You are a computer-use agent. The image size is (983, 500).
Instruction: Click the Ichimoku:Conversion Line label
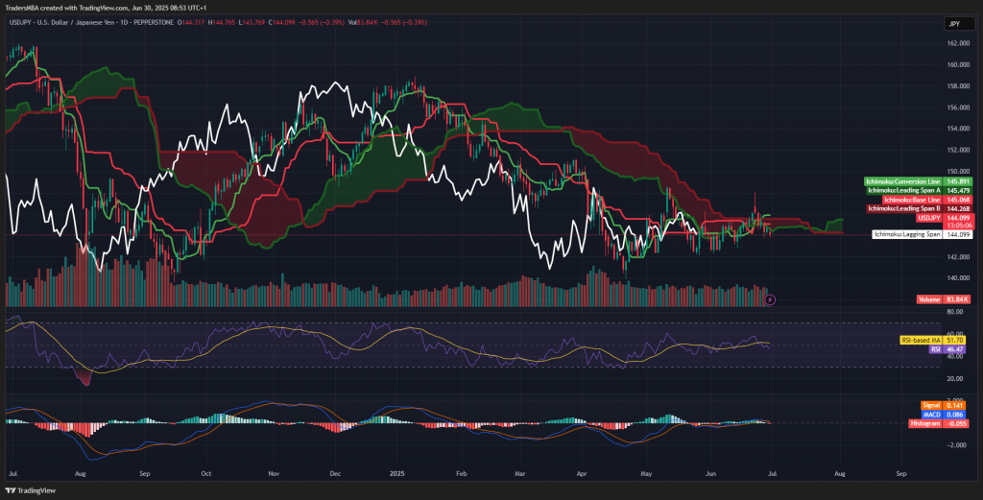904,181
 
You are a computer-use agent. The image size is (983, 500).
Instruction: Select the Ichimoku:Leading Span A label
904,191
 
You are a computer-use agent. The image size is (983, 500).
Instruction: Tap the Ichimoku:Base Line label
904,200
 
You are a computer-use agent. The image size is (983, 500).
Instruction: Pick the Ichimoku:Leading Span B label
904,208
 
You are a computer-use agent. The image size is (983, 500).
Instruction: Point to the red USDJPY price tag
930,218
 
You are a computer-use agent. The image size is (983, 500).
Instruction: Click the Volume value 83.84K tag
930,299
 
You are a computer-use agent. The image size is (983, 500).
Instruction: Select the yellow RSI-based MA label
919,340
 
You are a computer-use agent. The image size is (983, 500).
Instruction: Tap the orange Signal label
930,405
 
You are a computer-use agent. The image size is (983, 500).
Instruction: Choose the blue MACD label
930,414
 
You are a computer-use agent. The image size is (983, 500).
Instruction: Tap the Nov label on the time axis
274,474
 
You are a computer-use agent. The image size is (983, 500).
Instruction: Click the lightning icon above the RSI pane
770,299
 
